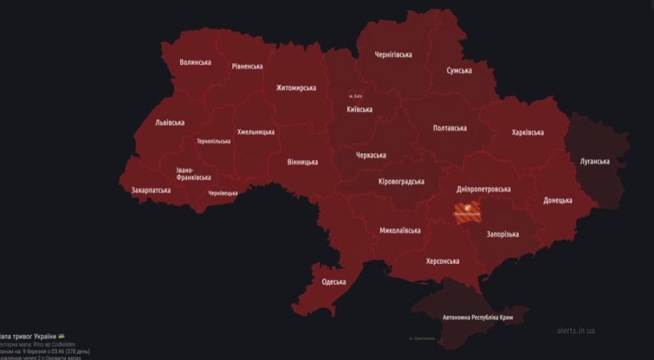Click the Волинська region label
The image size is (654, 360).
click(195, 62)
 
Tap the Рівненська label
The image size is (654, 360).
click(247, 66)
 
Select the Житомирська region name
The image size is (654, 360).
click(296, 87)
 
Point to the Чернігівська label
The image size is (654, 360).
click(393, 54)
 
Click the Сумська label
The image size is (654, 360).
click(459, 70)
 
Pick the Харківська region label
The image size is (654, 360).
click(528, 132)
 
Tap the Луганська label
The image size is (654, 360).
click(595, 161)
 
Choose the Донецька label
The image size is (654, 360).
click(558, 200)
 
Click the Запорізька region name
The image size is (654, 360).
click(503, 234)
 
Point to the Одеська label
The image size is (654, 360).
click(334, 281)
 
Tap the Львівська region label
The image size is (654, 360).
click(170, 123)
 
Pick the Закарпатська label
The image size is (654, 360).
click(151, 190)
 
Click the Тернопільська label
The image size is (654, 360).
click(214, 141)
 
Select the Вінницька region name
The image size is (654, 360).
click(303, 161)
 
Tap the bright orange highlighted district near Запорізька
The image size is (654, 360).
click(466, 211)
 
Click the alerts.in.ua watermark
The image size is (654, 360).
click(575, 331)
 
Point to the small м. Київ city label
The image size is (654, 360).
click(356, 96)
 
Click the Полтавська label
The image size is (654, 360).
click(450, 128)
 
